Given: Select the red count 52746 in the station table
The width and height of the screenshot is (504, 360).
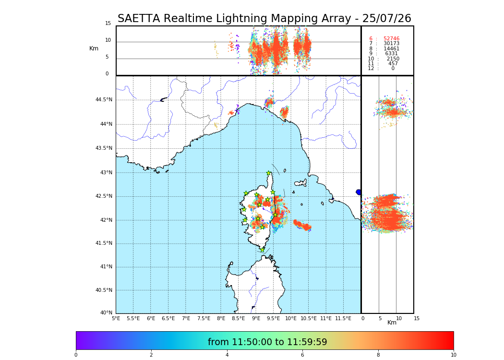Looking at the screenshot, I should [391, 39].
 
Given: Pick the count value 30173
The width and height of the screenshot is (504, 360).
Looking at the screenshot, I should [391, 44].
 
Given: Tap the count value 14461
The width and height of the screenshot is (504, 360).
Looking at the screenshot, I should [391, 49].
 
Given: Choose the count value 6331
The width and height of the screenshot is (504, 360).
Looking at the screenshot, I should [391, 54].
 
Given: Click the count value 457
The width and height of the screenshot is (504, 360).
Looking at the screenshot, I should [393, 64].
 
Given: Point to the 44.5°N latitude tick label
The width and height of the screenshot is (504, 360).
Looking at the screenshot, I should [104, 100].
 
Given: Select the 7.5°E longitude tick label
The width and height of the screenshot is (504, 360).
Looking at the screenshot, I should [204, 318].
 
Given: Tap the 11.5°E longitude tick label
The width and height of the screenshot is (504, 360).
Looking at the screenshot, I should [343, 318].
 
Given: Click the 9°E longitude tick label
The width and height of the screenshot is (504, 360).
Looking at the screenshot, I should [256, 318].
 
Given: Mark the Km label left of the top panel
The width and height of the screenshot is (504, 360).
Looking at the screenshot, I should [94, 48].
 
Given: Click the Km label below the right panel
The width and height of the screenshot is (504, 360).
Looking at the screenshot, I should [392, 323].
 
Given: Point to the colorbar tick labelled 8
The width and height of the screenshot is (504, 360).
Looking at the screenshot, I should [378, 355].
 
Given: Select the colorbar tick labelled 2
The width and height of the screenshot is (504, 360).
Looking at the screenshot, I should [151, 355].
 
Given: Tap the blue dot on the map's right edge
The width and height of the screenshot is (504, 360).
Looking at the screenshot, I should [359, 192].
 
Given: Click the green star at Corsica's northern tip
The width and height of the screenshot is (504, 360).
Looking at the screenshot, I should [269, 173].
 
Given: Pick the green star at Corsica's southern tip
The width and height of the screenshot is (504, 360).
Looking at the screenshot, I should [262, 250].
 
